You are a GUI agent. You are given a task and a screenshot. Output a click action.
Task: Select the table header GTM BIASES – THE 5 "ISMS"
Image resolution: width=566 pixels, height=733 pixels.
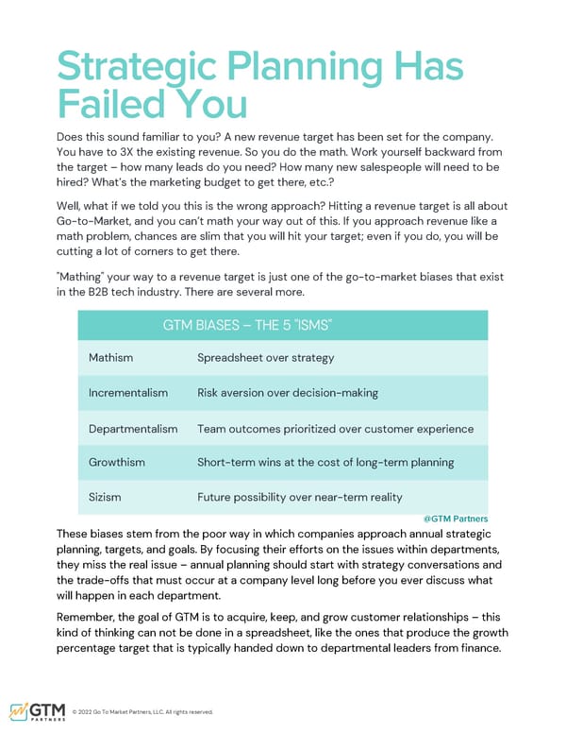tap(247, 325)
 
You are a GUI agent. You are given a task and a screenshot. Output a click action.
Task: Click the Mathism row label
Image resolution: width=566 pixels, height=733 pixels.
tap(110, 358)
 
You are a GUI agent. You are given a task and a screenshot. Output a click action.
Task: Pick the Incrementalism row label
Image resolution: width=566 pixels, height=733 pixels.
tap(128, 392)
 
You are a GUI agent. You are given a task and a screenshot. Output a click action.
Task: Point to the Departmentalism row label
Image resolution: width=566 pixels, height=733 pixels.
tap(133, 429)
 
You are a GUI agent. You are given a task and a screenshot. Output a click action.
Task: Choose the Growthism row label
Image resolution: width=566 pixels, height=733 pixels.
tap(118, 462)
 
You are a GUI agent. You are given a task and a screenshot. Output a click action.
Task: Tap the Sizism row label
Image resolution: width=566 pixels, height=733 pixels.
tap(106, 497)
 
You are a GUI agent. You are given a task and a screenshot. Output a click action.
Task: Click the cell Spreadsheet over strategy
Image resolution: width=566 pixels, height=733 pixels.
tap(265, 358)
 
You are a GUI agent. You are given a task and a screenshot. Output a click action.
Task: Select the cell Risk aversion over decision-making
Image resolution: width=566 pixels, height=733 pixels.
tap(287, 392)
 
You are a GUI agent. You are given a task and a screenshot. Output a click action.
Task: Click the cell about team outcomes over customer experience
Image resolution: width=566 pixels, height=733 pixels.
tap(335, 429)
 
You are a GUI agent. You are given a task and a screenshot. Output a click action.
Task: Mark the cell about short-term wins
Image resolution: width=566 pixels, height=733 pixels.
tap(325, 462)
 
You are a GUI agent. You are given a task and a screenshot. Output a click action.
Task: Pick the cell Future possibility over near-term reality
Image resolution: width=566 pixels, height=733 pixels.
tap(299, 497)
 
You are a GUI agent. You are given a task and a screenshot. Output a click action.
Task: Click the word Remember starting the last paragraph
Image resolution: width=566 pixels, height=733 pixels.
tap(90, 616)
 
